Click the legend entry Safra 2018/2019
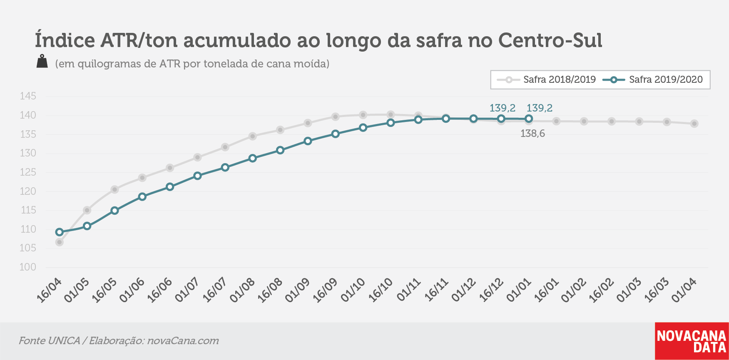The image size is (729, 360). click(x=546, y=79)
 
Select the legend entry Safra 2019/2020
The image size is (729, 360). click(x=653, y=79)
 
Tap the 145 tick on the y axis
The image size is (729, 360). click(x=28, y=96)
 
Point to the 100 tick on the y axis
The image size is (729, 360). click(x=28, y=267)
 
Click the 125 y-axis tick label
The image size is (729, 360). click(x=28, y=172)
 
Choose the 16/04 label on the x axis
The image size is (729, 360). click(x=50, y=290)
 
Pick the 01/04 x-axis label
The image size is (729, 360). click(x=684, y=290)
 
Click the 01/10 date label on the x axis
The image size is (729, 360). click(x=353, y=290)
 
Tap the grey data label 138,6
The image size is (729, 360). click(x=532, y=134)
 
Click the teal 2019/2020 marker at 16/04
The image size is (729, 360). click(x=60, y=232)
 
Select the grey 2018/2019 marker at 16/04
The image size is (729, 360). click(x=60, y=242)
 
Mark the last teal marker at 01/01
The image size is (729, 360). click(x=529, y=119)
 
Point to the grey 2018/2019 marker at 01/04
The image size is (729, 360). click(x=694, y=124)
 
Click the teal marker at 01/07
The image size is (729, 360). click(x=197, y=176)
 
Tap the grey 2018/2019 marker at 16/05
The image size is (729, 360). click(x=114, y=189)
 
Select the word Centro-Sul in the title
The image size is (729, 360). click(x=550, y=40)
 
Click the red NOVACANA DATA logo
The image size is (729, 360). click(x=692, y=341)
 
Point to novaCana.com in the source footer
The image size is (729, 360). click(x=183, y=340)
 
